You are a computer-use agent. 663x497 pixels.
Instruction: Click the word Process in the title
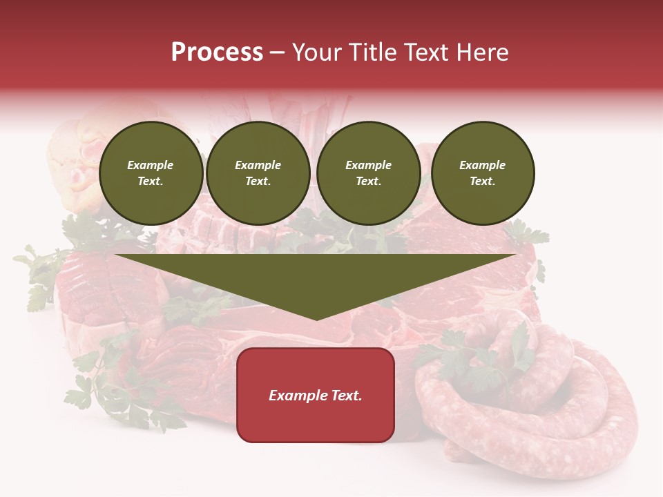point(217,52)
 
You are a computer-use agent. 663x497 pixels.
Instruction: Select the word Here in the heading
point(479,52)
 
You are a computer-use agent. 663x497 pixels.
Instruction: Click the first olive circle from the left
point(151,173)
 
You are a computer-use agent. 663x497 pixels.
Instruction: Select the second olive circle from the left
point(258,173)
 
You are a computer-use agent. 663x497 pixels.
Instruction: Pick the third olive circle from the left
point(368,173)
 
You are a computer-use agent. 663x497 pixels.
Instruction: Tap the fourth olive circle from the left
point(482,173)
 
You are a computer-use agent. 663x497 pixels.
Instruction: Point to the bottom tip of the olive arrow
point(316,318)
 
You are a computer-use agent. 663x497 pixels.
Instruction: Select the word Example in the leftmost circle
point(151,165)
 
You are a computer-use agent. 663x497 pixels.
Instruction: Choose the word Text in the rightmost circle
point(482,181)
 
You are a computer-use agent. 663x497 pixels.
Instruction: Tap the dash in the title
point(278,52)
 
